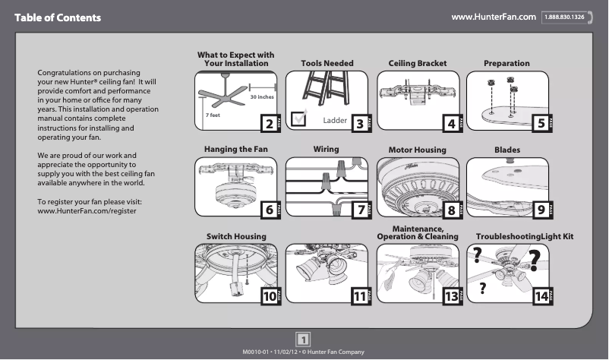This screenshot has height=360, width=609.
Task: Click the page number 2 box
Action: (267, 124)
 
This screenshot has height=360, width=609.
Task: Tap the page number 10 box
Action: (270, 297)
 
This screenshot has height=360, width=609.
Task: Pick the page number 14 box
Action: (541, 297)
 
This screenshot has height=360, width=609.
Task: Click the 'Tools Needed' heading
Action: (327, 64)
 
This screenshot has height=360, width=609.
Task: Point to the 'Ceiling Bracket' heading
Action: (417, 64)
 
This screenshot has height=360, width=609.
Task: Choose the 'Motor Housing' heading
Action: (417, 150)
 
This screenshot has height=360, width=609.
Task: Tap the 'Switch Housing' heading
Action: (236, 236)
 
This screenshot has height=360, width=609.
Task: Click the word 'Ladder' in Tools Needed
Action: (335, 121)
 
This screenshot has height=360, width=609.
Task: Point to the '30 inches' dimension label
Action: (262, 98)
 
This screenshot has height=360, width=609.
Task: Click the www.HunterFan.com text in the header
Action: (494, 17)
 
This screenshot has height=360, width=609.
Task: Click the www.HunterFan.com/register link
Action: (87, 210)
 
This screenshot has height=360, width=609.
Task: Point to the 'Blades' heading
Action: (507, 150)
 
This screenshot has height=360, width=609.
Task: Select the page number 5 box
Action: (541, 124)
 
